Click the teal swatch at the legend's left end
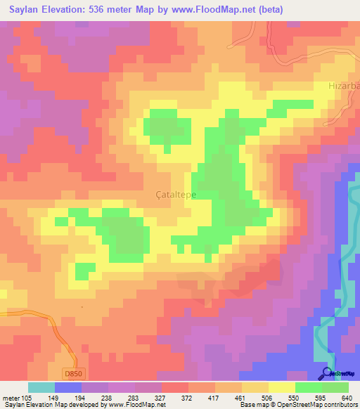point(41,387)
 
